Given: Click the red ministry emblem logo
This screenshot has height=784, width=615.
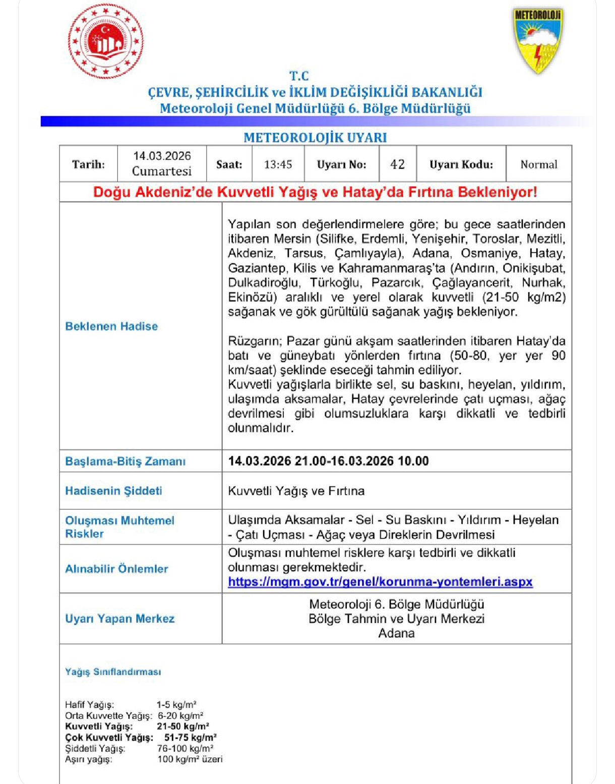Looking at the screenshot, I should coord(105,41).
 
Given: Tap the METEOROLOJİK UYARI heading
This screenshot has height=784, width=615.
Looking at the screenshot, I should coord(315,138).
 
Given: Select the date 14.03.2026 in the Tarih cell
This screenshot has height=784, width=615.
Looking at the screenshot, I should coord(162,156).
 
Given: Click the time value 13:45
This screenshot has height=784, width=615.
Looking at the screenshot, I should coord(278,164).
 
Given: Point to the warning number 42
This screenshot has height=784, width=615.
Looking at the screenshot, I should coord(397,164).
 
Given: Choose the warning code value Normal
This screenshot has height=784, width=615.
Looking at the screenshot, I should coord(538,164).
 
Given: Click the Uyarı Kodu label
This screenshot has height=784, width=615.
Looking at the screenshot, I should coord(461,164).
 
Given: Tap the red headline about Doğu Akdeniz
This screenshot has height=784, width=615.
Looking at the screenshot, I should coord(315,192).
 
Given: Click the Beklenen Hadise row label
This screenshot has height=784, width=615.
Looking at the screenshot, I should coord(111,326).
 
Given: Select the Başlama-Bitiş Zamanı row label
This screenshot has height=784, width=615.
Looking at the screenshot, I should coord(125,461).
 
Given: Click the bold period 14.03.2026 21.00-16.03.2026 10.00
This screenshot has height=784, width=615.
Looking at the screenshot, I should coord(328,461).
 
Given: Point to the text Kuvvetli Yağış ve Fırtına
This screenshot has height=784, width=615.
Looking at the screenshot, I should coord(296,491).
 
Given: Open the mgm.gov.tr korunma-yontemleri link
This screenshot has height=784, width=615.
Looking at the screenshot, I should coord(380,582).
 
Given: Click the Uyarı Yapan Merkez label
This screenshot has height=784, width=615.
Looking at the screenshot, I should coord(119,619).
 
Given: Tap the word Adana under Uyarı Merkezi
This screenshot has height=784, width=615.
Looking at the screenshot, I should coord(396,633).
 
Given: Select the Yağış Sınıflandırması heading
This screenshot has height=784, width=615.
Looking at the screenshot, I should coord(113,672).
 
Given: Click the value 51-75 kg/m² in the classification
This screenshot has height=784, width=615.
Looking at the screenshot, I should coord(190,737).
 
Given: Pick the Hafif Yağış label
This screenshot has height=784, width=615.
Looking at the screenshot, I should coord(89,704).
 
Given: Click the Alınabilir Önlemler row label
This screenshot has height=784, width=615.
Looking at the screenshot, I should coord(116,569).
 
